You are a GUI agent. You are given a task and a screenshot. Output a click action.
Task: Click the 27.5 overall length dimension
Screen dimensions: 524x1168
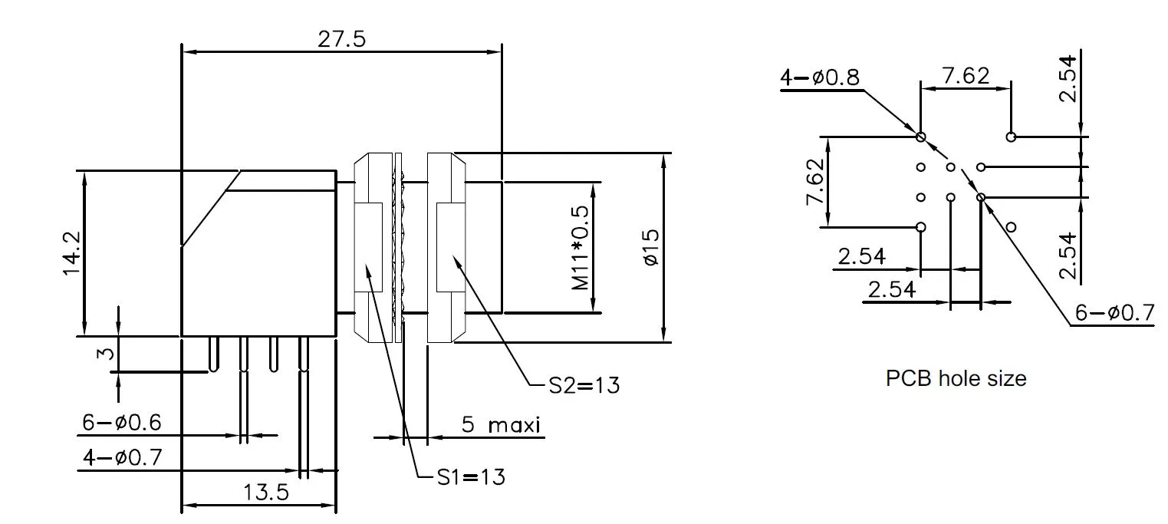point(342,40)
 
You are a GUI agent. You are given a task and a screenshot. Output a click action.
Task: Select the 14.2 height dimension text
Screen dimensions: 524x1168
point(71,252)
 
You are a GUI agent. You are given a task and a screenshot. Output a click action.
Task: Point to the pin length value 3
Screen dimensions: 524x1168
point(107,354)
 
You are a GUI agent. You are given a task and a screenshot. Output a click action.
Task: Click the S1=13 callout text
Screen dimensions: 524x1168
point(471,477)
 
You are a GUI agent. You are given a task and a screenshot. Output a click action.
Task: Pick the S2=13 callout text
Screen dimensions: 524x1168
point(584,385)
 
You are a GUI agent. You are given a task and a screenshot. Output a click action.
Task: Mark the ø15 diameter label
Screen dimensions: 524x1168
point(650,248)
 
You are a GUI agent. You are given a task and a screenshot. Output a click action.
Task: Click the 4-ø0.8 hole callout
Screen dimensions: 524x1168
point(820,77)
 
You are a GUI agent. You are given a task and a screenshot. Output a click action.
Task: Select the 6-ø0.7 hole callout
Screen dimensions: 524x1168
point(1114,313)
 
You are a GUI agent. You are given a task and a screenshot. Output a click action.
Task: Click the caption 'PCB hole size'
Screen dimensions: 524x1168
point(956,378)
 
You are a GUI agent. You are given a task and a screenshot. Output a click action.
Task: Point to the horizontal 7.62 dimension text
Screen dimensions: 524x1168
point(966,76)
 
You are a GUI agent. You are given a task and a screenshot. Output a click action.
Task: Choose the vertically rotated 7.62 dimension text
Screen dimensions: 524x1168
point(814,182)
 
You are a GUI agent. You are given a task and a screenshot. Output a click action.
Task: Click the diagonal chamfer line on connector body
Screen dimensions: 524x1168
point(210,209)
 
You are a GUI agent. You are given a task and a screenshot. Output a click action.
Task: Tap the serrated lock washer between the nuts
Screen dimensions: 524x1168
point(399,246)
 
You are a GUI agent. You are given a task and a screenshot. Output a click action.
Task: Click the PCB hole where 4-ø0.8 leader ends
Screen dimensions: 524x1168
point(921,137)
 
